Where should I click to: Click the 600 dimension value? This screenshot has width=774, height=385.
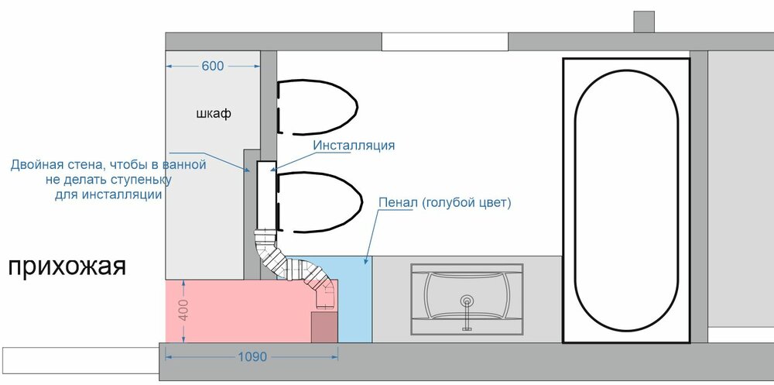click(x=213, y=66)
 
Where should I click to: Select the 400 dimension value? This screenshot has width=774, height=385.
click(x=183, y=309)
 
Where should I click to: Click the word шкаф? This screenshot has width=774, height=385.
click(x=214, y=114)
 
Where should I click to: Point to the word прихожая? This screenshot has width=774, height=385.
click(x=67, y=268)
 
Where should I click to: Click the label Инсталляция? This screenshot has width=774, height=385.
click(x=354, y=146)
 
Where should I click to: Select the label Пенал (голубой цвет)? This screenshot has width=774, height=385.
click(x=444, y=203)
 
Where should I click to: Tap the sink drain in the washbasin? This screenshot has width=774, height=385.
click(x=466, y=301)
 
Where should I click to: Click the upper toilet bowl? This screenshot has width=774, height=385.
click(x=317, y=107)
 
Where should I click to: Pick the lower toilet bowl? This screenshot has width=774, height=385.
click(x=317, y=202)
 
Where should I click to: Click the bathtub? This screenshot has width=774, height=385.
click(x=626, y=201)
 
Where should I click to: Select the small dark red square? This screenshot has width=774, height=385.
click(x=324, y=327)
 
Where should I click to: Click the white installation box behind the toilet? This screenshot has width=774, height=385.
click(x=265, y=196)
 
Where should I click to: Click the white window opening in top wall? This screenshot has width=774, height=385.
click(x=445, y=42)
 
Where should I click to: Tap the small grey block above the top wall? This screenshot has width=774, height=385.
click(x=644, y=22)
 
